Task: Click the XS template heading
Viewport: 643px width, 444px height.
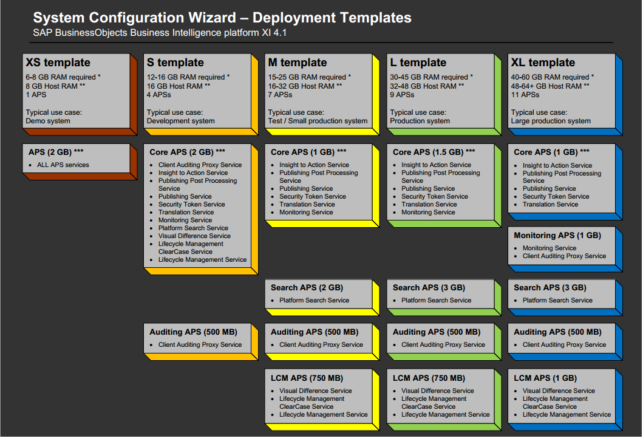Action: [x=58, y=63]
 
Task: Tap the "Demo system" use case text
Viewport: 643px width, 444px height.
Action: [x=48, y=121]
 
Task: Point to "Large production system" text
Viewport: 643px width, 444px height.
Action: [x=551, y=121]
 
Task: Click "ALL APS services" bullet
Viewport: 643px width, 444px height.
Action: [x=63, y=165]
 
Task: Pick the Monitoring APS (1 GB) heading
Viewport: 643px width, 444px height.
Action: [x=557, y=235]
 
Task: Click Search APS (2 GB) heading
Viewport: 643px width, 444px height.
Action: [x=307, y=287]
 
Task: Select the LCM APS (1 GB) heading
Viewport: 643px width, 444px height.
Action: [x=545, y=378]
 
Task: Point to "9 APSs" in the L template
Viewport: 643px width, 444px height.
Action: [x=401, y=95]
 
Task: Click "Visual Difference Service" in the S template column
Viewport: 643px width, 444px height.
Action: [x=194, y=236]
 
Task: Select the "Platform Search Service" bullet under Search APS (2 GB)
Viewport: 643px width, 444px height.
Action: [x=314, y=300]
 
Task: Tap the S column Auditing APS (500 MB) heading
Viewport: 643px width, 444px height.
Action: [x=193, y=332]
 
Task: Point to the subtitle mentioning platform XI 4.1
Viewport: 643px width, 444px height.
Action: [x=160, y=33]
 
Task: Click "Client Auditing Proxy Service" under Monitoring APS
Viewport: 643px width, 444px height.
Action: [x=564, y=256]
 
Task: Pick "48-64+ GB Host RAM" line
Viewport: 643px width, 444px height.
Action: [x=550, y=86]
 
